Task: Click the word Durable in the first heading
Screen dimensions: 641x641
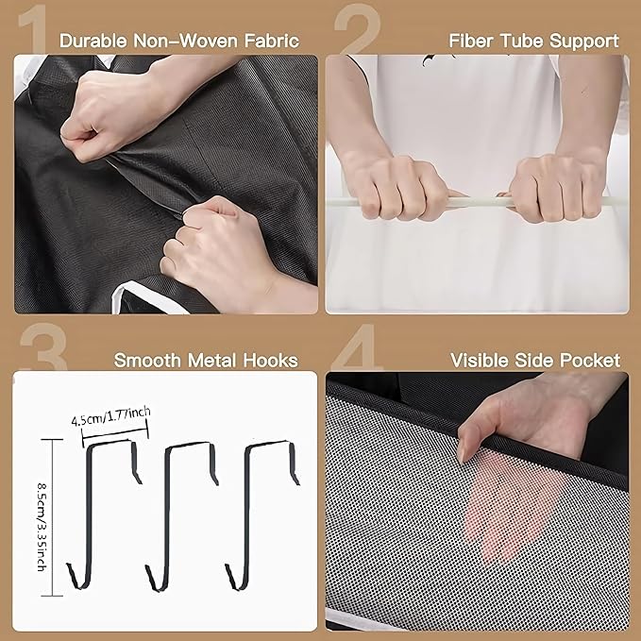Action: [x=93, y=41]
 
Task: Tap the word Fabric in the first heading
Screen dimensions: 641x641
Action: [x=272, y=41]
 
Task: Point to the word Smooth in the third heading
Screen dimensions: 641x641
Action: [x=147, y=361]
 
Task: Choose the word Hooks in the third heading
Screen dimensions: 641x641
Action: [x=271, y=361]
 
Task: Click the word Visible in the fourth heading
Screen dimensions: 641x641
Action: [x=480, y=361]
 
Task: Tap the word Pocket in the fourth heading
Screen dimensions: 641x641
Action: [x=590, y=361]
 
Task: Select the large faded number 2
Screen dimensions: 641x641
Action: [x=357, y=28]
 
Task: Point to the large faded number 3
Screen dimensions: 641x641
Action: [x=43, y=346]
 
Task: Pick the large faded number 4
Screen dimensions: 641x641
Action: [x=357, y=346]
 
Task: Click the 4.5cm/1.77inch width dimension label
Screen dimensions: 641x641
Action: [x=110, y=416]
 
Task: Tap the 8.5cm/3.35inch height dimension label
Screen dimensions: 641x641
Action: [x=42, y=527]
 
